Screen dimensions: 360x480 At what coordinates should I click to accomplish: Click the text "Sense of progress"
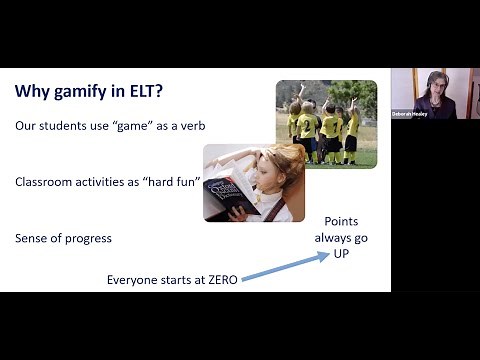coord(63,238)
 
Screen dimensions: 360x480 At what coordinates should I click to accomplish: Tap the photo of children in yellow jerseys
coord(326,124)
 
